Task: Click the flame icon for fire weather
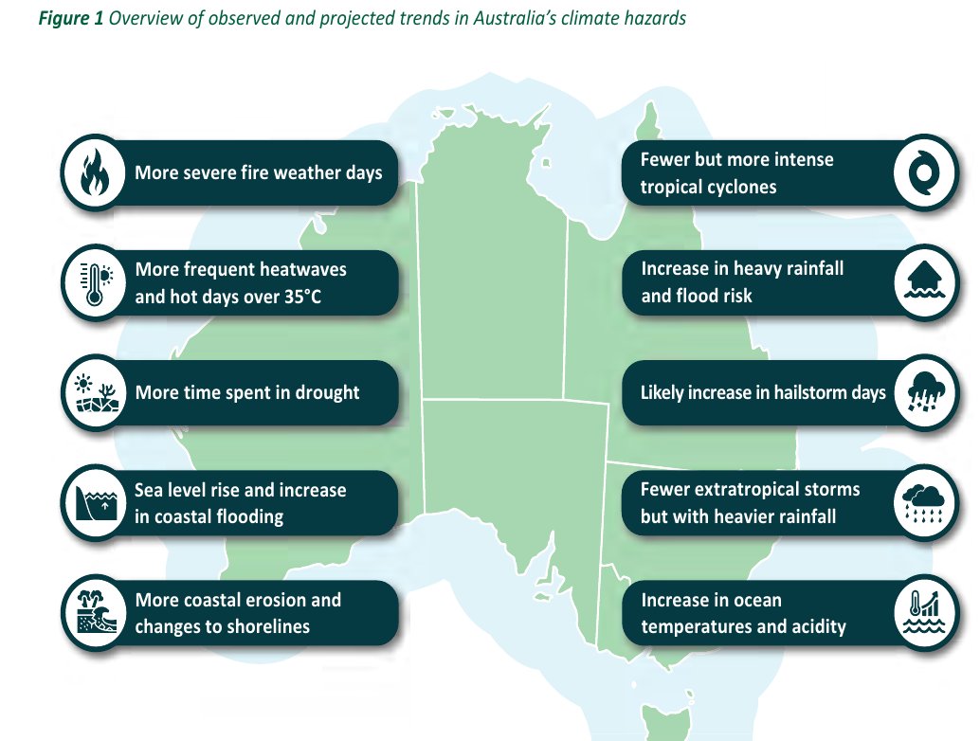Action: point(93,172)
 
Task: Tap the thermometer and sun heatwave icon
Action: point(93,282)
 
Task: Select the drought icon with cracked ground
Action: point(93,392)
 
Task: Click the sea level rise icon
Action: point(93,502)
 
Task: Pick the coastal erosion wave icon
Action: point(93,612)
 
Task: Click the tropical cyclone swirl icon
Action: point(925,172)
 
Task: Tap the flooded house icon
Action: point(925,282)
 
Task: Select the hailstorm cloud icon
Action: point(925,392)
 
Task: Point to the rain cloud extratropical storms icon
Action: point(925,502)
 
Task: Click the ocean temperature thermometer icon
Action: point(925,612)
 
